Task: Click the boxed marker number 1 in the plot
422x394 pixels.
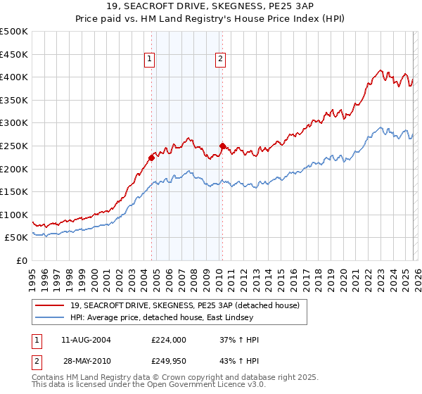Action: tap(151, 60)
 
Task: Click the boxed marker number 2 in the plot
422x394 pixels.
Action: tap(220, 60)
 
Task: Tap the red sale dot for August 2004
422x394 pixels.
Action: tap(151, 158)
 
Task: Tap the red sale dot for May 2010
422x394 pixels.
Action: tap(223, 146)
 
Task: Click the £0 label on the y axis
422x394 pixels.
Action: tap(21, 260)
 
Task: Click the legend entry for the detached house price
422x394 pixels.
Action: tap(184, 305)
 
